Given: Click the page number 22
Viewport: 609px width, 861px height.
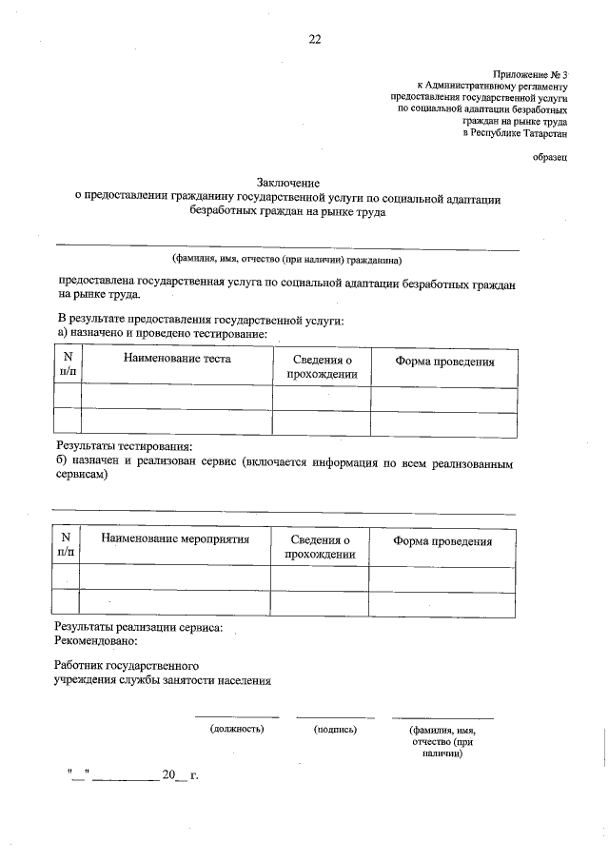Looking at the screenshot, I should coord(314,39).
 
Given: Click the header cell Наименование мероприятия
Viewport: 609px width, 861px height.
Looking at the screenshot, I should coord(175,539).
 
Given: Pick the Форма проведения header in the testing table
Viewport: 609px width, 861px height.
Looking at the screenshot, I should coord(444,361).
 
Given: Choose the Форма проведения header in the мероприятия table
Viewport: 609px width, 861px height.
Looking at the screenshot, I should coord(442,541).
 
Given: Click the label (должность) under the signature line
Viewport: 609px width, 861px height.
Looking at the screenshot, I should coord(237,729).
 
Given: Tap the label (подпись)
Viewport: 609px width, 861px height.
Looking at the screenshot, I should coord(335,729).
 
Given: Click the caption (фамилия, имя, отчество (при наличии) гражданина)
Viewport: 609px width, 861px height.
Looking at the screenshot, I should coord(286,259).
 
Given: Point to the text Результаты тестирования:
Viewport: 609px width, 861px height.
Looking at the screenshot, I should coord(125,446).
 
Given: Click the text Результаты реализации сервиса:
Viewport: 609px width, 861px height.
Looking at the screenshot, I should coord(139,627).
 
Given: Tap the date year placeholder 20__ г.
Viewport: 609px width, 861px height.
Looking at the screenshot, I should coord(180,775).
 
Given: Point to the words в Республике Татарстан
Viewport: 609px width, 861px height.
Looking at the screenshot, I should coord(515,132).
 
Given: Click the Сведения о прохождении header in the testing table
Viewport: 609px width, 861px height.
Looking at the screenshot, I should coord(322,367).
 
